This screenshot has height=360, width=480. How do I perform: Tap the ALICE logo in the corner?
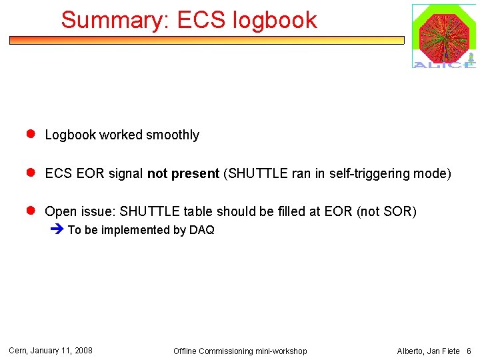click(x=443, y=36)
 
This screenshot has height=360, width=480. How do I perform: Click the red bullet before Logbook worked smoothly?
click(x=30, y=134)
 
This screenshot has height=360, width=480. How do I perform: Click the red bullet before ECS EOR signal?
click(x=30, y=173)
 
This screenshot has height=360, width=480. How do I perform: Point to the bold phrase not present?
click(x=183, y=174)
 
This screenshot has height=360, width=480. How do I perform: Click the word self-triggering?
click(x=363, y=174)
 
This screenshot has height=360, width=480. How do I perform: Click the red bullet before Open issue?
click(x=30, y=211)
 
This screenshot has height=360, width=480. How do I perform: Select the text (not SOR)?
click(x=387, y=212)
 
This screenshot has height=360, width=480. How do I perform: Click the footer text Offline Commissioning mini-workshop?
click(x=240, y=351)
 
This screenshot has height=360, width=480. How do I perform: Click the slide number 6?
click(x=469, y=351)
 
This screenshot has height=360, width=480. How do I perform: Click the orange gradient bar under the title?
click(x=207, y=40)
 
